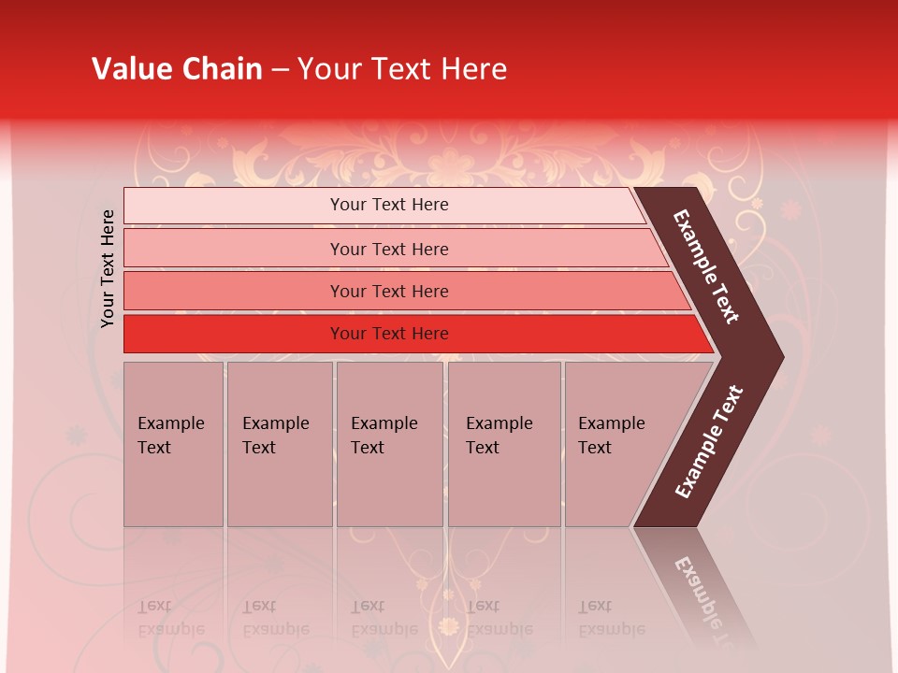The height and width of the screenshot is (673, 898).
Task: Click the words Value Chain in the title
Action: (x=177, y=69)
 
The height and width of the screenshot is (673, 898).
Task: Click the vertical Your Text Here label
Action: (x=109, y=268)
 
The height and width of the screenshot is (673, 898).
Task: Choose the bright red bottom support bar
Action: (x=234, y=334)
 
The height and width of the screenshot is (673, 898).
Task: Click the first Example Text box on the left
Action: (x=173, y=444)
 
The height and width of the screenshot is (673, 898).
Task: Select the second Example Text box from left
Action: (x=279, y=444)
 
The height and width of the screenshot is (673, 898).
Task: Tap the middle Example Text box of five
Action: (x=389, y=444)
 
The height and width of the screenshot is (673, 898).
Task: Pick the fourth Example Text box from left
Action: (x=504, y=444)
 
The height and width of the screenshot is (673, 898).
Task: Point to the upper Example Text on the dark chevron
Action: (x=706, y=267)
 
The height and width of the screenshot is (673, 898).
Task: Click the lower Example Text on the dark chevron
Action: (x=709, y=441)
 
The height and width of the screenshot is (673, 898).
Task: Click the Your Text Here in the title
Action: (x=402, y=69)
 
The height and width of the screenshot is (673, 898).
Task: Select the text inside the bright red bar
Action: (x=389, y=334)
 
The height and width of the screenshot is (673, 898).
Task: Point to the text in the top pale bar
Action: (x=389, y=205)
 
